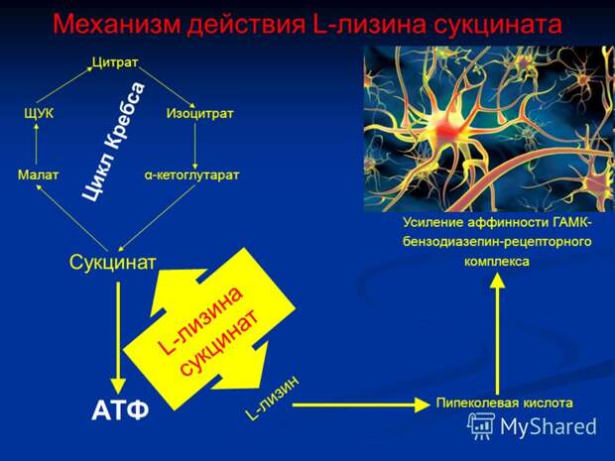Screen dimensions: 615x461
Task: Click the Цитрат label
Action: [x=115, y=62]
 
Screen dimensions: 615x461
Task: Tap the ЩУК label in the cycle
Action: [x=39, y=114]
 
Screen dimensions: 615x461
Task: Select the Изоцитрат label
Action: [x=199, y=114]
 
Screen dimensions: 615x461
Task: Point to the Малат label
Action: [x=38, y=174]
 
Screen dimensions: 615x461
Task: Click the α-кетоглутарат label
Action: [x=191, y=174]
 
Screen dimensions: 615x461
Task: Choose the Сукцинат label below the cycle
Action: [x=112, y=262]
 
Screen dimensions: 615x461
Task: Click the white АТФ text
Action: [x=120, y=410]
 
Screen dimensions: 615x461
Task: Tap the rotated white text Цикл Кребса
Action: [x=114, y=141]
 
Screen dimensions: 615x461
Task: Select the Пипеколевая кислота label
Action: [x=504, y=403]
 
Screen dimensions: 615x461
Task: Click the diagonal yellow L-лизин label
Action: [x=272, y=397]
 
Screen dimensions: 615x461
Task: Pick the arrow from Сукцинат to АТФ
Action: [x=118, y=337]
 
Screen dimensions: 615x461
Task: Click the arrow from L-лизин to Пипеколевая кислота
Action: [x=361, y=404]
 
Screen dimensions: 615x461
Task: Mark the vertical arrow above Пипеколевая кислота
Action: [x=498, y=333]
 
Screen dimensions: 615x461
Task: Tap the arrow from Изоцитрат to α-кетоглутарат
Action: [x=195, y=147]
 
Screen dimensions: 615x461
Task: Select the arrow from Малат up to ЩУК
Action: [x=36, y=144]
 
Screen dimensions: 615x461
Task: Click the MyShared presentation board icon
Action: [x=480, y=426]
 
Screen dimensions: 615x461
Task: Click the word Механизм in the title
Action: [x=117, y=25]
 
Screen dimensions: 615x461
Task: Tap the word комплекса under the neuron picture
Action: [x=497, y=261]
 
